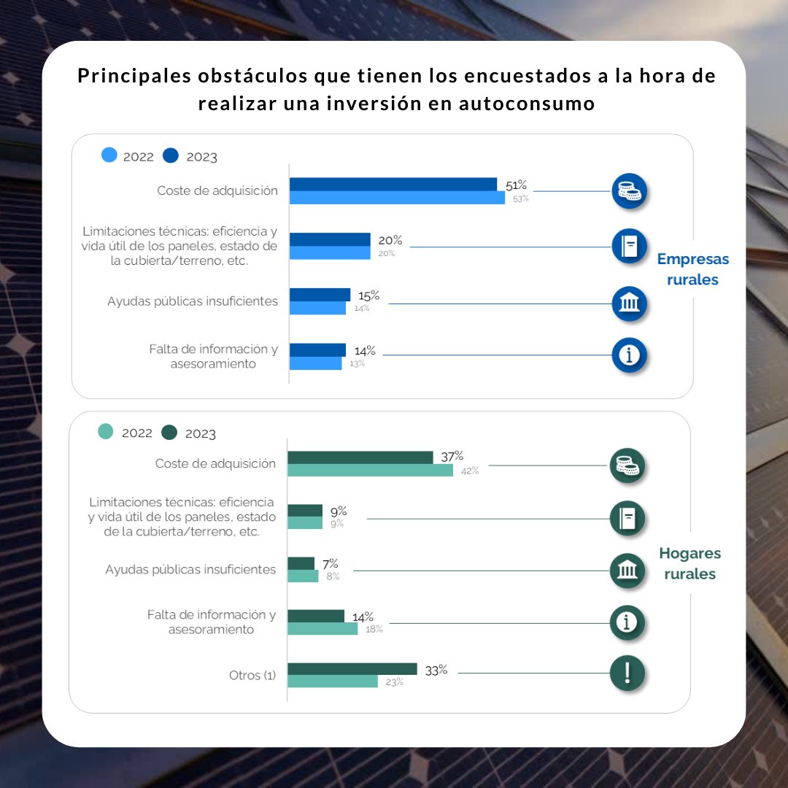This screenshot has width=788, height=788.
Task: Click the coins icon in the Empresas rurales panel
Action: pyautogui.click(x=629, y=191)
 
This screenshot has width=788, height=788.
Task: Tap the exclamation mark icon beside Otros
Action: pyautogui.click(x=627, y=673)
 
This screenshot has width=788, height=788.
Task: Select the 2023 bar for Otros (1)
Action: pyautogui.click(x=352, y=669)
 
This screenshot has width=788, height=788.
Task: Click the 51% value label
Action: pyautogui.click(x=516, y=185)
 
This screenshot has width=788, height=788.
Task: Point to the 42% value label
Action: pyautogui.click(x=470, y=471)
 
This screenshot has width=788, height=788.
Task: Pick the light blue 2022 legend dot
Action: pyautogui.click(x=109, y=155)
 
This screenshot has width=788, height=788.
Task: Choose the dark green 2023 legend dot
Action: pyautogui.click(x=170, y=433)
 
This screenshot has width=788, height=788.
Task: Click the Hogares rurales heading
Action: pyautogui.click(x=689, y=563)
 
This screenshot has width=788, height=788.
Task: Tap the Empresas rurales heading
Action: pyautogui.click(x=692, y=269)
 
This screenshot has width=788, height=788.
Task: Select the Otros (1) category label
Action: pyautogui.click(x=252, y=676)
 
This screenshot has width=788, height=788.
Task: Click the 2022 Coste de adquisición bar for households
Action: pyautogui.click(x=370, y=470)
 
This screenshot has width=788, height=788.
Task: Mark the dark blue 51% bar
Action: pyautogui.click(x=393, y=185)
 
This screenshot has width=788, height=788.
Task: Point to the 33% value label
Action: pyautogui.click(x=436, y=670)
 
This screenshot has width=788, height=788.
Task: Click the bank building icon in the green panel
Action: pyautogui.click(x=627, y=571)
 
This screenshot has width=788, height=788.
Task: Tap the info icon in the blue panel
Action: pyautogui.click(x=629, y=355)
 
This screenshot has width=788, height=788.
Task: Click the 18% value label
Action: pyautogui.click(x=374, y=629)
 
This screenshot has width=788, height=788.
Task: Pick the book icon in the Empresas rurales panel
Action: pyautogui.click(x=629, y=247)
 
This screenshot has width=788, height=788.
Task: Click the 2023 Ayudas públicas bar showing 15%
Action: pyautogui.click(x=320, y=295)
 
